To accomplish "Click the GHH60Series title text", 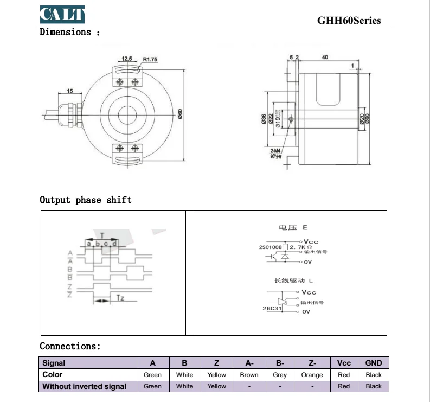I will pos(349,21).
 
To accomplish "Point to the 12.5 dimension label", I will pos(127,59).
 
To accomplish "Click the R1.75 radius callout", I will pos(150,59).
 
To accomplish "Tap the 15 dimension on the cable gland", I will pos(70,91).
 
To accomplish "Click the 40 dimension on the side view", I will pos(325,56).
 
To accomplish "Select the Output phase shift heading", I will pos(86,200).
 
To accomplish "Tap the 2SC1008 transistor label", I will pos(271,247).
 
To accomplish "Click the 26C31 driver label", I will pos(271,308).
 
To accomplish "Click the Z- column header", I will pos(312,363).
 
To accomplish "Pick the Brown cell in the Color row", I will pos(249,375).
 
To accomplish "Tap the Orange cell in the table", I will pos(312,375).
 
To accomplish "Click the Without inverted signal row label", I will pos(84,386).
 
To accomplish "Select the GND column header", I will pos(374,363).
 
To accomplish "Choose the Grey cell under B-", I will pos(280,375).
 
